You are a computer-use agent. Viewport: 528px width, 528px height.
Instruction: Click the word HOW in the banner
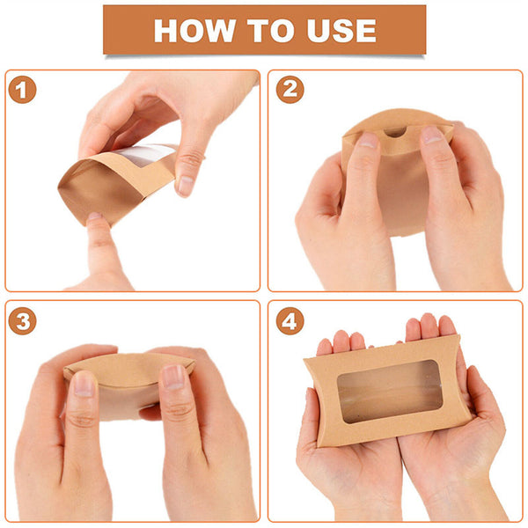(x=194, y=31)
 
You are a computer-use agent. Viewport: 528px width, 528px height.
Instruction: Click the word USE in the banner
(x=341, y=31)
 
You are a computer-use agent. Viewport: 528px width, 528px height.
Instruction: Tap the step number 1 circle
(x=22, y=90)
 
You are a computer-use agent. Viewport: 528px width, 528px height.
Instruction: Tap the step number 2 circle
(x=290, y=90)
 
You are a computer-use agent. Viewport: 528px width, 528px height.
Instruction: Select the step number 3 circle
(x=22, y=321)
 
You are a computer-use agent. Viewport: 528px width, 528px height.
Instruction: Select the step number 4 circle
(x=290, y=321)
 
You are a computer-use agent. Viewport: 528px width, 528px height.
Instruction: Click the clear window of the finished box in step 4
(x=390, y=391)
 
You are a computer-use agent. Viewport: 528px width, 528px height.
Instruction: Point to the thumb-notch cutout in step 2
(x=394, y=132)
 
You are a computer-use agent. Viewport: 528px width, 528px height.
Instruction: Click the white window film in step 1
(x=145, y=154)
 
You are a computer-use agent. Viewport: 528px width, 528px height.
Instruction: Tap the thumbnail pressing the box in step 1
(x=185, y=186)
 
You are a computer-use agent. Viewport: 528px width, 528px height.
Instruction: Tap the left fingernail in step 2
(x=368, y=140)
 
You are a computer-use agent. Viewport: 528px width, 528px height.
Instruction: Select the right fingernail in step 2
(x=432, y=135)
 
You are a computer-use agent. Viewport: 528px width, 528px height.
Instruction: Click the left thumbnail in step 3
(x=84, y=384)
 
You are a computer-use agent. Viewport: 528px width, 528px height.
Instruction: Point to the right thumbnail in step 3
(x=173, y=378)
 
